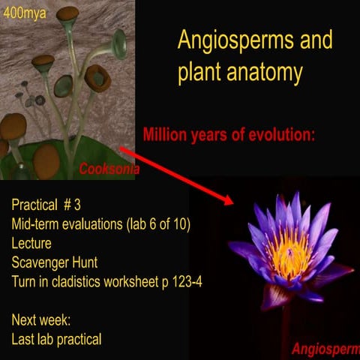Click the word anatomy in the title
tap(266, 73)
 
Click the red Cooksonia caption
tap(109, 170)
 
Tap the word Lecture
tap(31, 243)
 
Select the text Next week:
tap(41, 320)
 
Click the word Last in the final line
tap(24, 339)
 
